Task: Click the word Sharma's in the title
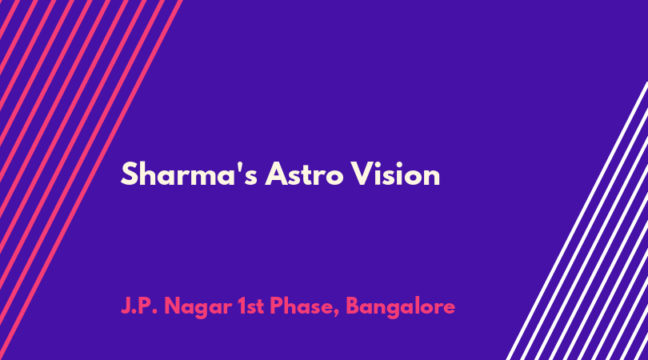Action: pos(189,174)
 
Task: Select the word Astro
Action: pos(304,174)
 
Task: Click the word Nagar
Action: pos(198,308)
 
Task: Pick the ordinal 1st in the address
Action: pos(251,306)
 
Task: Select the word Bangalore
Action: pos(401,308)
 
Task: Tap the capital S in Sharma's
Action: pos(130,174)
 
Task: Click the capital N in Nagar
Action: pos(174,306)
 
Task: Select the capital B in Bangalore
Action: pos(354,306)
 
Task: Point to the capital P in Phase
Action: pos(277,306)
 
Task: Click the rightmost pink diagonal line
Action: pos(91,180)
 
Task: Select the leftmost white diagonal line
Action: pos(578,221)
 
